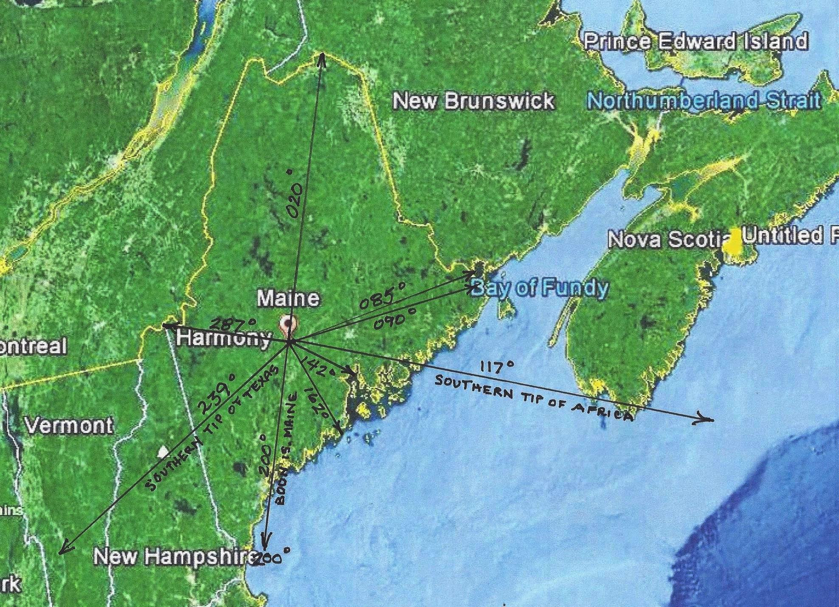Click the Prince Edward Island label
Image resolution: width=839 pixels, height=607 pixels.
pyautogui.click(x=695, y=41)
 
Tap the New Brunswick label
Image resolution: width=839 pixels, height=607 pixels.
pyautogui.click(x=473, y=101)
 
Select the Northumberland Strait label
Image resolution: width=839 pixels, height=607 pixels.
pyautogui.click(x=703, y=101)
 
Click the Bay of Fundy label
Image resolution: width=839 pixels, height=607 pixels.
pyautogui.click(x=540, y=288)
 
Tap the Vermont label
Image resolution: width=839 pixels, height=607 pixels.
pyautogui.click(x=69, y=425)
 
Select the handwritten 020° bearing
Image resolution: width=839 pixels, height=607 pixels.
pyautogui.click(x=295, y=195)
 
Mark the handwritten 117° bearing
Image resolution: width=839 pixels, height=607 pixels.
pyautogui.click(x=497, y=366)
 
